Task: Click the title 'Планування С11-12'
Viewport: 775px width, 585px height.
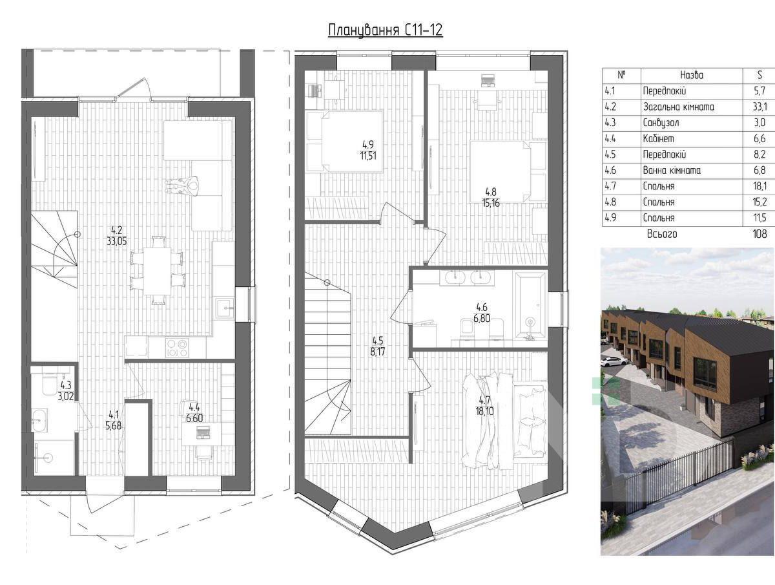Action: (x=385, y=30)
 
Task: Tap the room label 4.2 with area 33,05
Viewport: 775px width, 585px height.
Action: (x=116, y=236)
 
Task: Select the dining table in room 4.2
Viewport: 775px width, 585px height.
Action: (x=157, y=271)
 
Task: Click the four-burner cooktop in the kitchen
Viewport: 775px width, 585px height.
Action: (x=176, y=348)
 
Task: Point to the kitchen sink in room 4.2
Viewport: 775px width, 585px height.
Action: (x=225, y=309)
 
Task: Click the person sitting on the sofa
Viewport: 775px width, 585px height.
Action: (x=183, y=185)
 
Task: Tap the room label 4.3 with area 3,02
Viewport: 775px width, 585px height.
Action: (x=66, y=390)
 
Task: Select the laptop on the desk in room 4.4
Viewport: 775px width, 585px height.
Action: (x=203, y=432)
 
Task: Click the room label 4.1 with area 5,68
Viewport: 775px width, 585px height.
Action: (x=113, y=420)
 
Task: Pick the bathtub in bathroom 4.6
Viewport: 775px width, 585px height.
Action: (x=530, y=305)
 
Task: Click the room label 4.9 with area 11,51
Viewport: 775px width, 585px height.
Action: (x=368, y=151)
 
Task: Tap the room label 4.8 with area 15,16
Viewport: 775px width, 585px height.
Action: (x=491, y=197)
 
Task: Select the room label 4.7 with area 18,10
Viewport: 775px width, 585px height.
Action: (x=484, y=406)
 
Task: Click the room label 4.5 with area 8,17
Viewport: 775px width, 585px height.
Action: (x=377, y=346)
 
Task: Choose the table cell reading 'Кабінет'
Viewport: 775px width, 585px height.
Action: (x=659, y=139)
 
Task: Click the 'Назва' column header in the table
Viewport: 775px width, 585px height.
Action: (x=691, y=75)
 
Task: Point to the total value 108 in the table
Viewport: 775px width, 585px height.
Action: (x=759, y=234)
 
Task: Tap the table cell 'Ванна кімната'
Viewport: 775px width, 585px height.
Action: (x=672, y=171)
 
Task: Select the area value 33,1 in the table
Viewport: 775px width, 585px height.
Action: (x=759, y=107)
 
